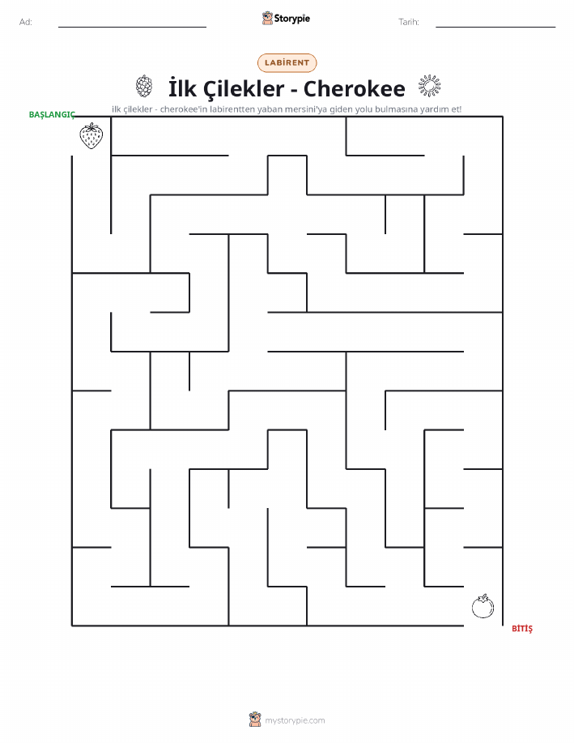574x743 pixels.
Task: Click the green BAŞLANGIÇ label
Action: [52, 115]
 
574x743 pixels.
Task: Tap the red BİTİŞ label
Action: [522, 628]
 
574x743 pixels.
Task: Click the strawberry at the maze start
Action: [91, 136]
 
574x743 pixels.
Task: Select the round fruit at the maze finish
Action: [483, 606]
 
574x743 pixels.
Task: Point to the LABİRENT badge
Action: [287, 62]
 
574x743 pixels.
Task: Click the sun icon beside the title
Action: [429, 86]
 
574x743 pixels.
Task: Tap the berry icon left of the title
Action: [144, 86]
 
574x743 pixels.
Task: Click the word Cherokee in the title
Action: [355, 88]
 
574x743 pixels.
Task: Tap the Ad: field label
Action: [26, 22]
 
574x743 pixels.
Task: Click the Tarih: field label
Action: [409, 22]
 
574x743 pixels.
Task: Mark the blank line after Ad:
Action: [132, 27]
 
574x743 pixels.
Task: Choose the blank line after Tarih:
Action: [495, 27]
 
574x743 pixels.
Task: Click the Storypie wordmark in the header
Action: [291, 19]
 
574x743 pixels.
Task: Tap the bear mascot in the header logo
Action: [268, 18]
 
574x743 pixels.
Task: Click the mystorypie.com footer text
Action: [295, 720]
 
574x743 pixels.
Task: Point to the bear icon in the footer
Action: [255, 720]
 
